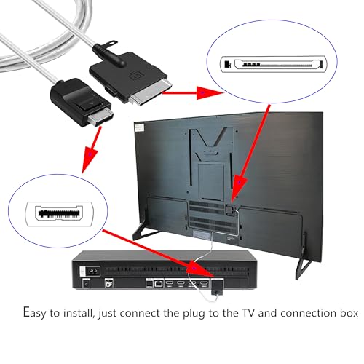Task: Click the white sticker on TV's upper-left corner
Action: pyautogui.click(x=143, y=129)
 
